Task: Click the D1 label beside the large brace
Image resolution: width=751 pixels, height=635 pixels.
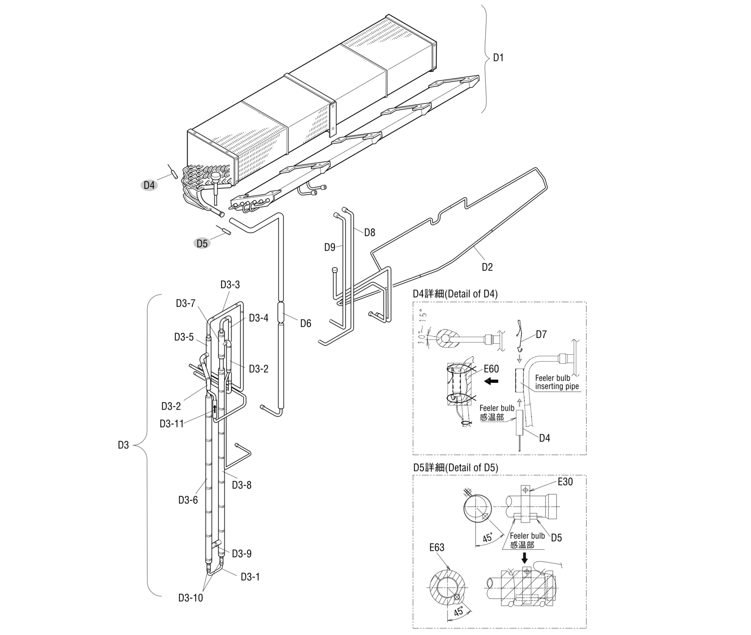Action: coord(498,58)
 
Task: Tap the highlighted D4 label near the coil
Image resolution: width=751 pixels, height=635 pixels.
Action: coord(149,185)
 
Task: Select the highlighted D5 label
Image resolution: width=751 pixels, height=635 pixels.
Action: coord(202,243)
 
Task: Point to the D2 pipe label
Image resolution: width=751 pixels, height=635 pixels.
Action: coord(487,267)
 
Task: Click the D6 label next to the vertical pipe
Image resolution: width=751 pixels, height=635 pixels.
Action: coord(305,323)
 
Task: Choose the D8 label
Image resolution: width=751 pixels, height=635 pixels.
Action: coord(370,232)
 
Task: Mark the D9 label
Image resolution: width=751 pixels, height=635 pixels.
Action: coord(330,247)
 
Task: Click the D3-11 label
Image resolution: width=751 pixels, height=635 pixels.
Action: coord(172,423)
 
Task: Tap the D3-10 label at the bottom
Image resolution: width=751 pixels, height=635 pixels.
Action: coord(190,598)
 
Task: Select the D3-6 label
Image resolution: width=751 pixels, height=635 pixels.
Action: coord(188,500)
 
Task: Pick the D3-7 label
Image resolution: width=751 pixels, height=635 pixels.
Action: coord(186,303)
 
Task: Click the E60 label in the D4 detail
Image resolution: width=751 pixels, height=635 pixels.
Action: coord(491,369)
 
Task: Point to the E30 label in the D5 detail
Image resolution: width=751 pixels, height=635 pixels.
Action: coord(565,482)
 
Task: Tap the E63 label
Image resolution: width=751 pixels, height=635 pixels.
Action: coord(437,548)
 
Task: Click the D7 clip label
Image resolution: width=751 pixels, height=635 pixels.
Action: coord(541,335)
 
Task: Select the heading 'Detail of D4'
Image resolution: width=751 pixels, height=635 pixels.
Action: coord(455,294)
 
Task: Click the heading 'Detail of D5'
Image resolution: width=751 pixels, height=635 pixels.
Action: coord(455,468)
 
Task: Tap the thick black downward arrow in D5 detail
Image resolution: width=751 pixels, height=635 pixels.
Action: coord(525,558)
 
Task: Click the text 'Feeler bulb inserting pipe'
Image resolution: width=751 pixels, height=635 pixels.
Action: coord(557,382)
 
